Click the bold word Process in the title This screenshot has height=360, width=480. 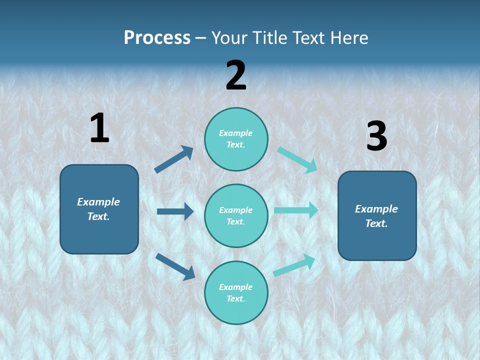(x=157, y=38)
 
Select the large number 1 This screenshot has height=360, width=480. (x=99, y=128)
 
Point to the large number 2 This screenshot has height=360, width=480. (x=236, y=75)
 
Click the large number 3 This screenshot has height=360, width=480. (x=376, y=136)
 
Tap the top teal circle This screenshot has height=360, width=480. (x=236, y=139)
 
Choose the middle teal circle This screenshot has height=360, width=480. (x=236, y=216)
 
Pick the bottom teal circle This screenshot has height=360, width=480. (x=236, y=293)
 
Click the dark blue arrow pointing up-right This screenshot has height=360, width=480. (x=174, y=159)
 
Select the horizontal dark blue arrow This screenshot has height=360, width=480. (x=175, y=211)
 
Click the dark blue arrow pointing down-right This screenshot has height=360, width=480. (x=175, y=266)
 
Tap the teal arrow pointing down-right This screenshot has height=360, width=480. (x=297, y=160)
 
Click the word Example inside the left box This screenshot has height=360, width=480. (x=98, y=202)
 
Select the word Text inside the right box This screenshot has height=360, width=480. (x=376, y=223)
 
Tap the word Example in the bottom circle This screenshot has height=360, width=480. (x=236, y=287)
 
